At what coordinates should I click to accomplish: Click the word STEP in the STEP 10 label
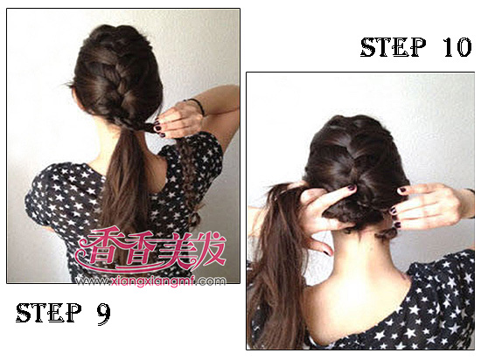tap(393, 47)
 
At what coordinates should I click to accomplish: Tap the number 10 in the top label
tap(457, 47)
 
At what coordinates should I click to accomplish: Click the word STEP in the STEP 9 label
tap(49, 312)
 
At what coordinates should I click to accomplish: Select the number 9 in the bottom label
tap(104, 313)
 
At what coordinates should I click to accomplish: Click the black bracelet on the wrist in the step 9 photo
tap(198, 105)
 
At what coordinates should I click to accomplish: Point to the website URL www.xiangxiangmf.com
tap(151, 280)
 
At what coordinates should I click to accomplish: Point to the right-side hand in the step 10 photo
tap(429, 206)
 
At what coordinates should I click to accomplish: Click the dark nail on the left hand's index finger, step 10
tap(352, 188)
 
